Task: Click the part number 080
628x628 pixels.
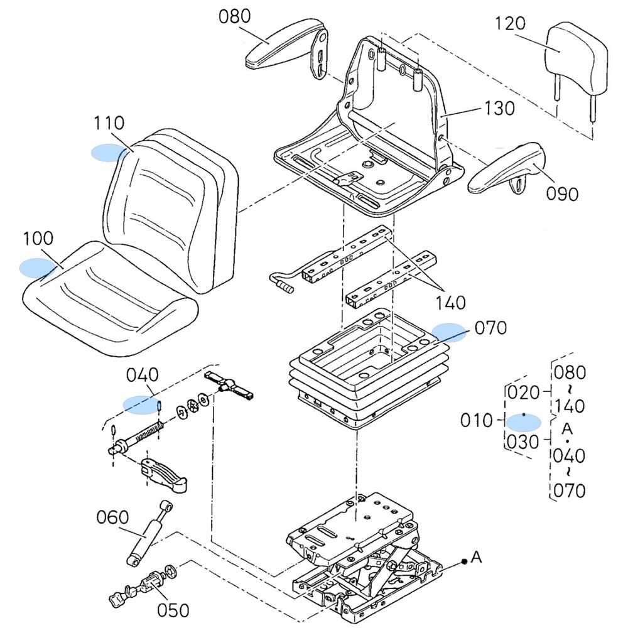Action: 234,16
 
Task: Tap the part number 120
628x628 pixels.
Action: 509,24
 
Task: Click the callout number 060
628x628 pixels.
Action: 113,517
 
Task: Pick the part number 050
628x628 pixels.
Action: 173,610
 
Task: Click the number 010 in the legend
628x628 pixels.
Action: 477,420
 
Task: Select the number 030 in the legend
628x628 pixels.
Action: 523,441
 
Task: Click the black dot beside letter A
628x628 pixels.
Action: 463,561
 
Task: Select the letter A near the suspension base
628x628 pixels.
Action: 477,556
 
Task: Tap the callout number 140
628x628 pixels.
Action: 451,303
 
